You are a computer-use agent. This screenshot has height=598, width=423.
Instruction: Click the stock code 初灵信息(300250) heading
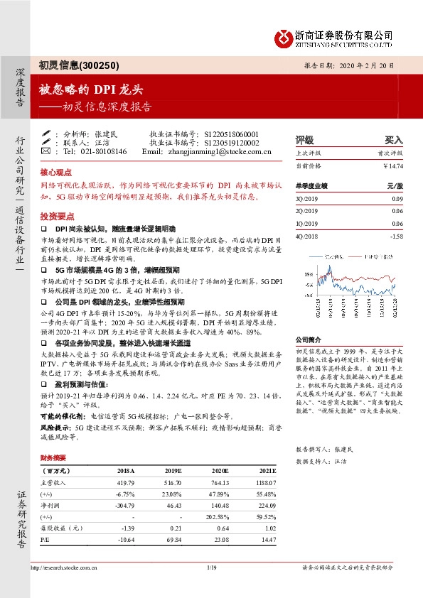pyautogui.click(x=74, y=65)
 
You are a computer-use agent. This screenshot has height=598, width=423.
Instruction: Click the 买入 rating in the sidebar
pyautogui.click(x=394, y=140)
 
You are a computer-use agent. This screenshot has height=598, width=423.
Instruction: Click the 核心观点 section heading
pyautogui.click(x=56, y=173)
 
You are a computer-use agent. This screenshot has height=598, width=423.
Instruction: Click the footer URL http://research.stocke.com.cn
pyautogui.click(x=65, y=567)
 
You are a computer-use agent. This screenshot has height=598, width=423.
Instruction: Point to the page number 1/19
pyautogui.click(x=211, y=567)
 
